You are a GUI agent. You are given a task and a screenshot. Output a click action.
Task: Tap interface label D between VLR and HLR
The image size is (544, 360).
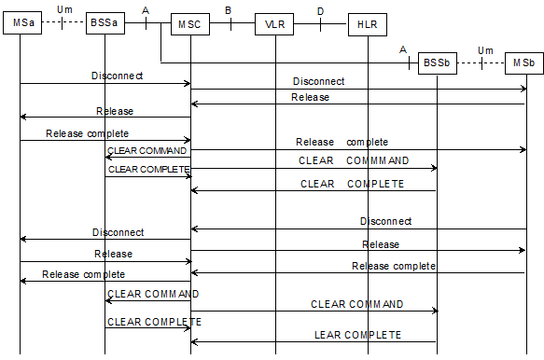(320, 10)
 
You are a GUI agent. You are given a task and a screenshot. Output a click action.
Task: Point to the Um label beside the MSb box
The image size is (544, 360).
(484, 50)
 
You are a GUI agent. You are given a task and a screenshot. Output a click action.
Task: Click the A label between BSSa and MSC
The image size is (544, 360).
(146, 10)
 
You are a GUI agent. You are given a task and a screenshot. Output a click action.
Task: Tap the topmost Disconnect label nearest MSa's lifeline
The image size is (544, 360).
(117, 74)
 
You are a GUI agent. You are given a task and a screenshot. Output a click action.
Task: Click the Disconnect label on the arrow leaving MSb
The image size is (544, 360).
(385, 221)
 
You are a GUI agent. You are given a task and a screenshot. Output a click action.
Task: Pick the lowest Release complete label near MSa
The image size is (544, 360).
(83, 274)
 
